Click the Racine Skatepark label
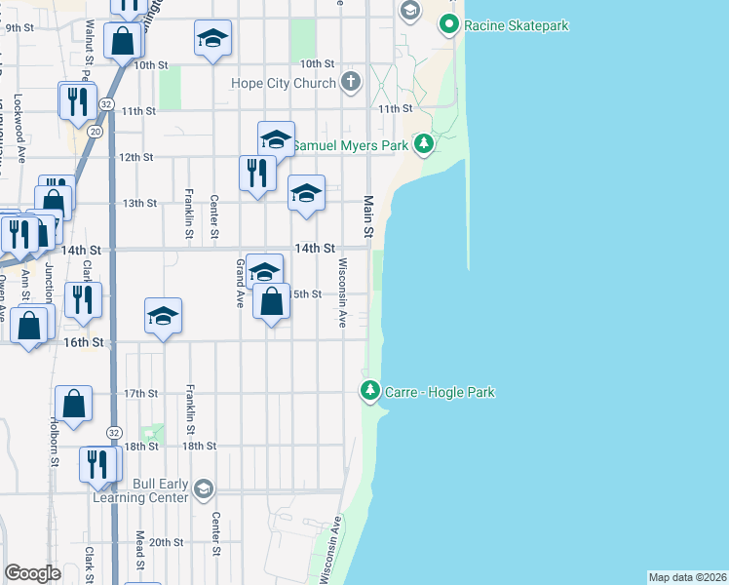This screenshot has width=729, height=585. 516,24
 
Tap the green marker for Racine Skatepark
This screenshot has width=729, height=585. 448,23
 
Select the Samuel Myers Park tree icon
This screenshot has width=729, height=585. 423,144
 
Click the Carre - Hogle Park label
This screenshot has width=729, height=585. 439,392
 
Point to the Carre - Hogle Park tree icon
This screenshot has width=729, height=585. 369,392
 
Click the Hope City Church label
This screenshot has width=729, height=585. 284,83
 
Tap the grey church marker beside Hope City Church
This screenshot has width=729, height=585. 351,83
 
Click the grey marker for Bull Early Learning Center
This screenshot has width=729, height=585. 203,487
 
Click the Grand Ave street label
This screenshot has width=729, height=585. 240,283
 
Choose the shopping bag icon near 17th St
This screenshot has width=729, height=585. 74,403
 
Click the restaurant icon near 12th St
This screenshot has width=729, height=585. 255,173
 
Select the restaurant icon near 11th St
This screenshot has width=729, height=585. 77,100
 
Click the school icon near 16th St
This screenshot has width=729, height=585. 164,315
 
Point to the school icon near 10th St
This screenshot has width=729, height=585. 212,38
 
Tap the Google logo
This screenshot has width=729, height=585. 32,573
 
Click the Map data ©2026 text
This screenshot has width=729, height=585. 687,576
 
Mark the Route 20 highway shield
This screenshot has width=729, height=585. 95,130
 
